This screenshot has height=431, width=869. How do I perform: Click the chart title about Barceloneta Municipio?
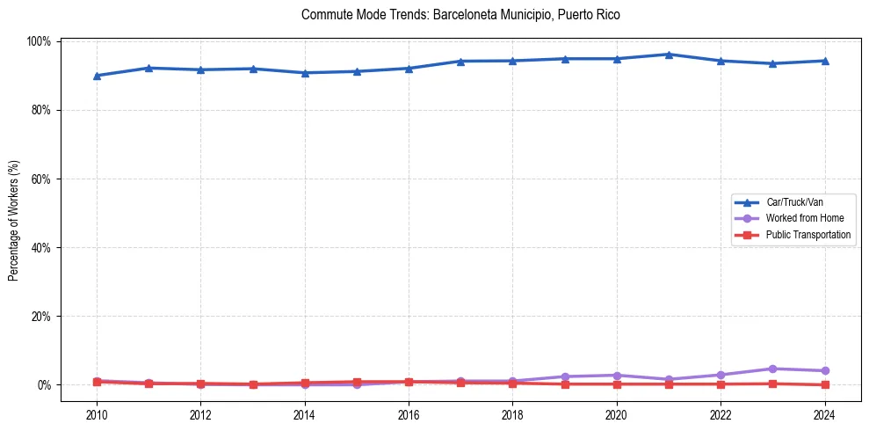pyautogui.click(x=460, y=15)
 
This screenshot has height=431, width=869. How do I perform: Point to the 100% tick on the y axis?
pyautogui.click(x=40, y=41)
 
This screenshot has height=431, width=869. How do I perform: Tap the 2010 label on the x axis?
pyautogui.click(x=97, y=415)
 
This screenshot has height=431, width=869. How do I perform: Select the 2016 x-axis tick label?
pyautogui.click(x=409, y=415)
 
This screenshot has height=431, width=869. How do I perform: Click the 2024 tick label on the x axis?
pyautogui.click(x=824, y=415)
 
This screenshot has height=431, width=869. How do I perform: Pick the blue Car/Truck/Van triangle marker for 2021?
pyautogui.click(x=669, y=55)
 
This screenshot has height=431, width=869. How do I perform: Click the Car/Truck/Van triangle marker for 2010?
pyautogui.click(x=97, y=76)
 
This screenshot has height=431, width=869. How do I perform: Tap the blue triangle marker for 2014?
pyautogui.click(x=305, y=73)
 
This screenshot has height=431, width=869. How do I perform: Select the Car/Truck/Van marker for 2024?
pyautogui.click(x=824, y=61)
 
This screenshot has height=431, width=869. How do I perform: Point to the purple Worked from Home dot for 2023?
pyautogui.click(x=772, y=369)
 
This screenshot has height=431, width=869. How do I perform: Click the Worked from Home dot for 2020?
pyautogui.click(x=617, y=376)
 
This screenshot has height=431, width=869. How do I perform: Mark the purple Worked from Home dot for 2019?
pyautogui.click(x=565, y=376)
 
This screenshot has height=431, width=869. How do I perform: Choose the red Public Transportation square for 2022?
pyautogui.click(x=721, y=384)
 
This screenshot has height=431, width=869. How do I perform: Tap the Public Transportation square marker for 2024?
pyautogui.click(x=824, y=384)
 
